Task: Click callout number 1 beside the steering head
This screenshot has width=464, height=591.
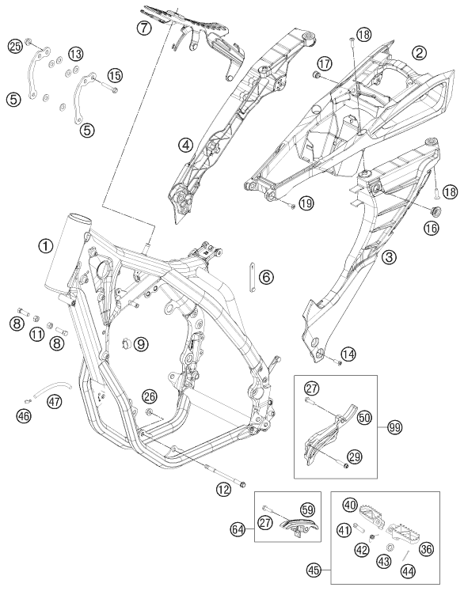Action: pos(46,247)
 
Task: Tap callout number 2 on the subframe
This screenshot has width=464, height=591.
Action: pos(420,53)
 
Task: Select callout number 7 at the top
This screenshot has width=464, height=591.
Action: pos(144,27)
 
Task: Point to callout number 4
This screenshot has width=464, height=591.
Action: pos(186,145)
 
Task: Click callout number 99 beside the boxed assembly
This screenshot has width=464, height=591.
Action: pos(396,427)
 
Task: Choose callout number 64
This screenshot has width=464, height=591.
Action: pos(238,530)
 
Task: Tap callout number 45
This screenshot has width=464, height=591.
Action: pos(314,570)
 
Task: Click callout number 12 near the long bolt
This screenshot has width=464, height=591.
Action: pos(224,490)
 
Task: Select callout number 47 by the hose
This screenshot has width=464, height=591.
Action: pos(55,402)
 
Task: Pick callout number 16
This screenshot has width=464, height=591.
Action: pos(432,228)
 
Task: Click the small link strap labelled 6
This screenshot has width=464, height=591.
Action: pos(251,277)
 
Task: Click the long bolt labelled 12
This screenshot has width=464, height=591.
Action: pos(224,475)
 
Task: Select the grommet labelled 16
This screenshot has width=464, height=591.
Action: pos(435,211)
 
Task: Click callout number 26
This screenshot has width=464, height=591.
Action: pos(150,396)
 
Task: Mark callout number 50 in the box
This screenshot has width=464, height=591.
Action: pos(365,417)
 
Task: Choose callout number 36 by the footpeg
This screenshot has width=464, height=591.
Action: pos(427,549)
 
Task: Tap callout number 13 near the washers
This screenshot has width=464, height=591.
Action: pos(75,54)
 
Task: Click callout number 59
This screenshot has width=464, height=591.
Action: pos(308,510)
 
